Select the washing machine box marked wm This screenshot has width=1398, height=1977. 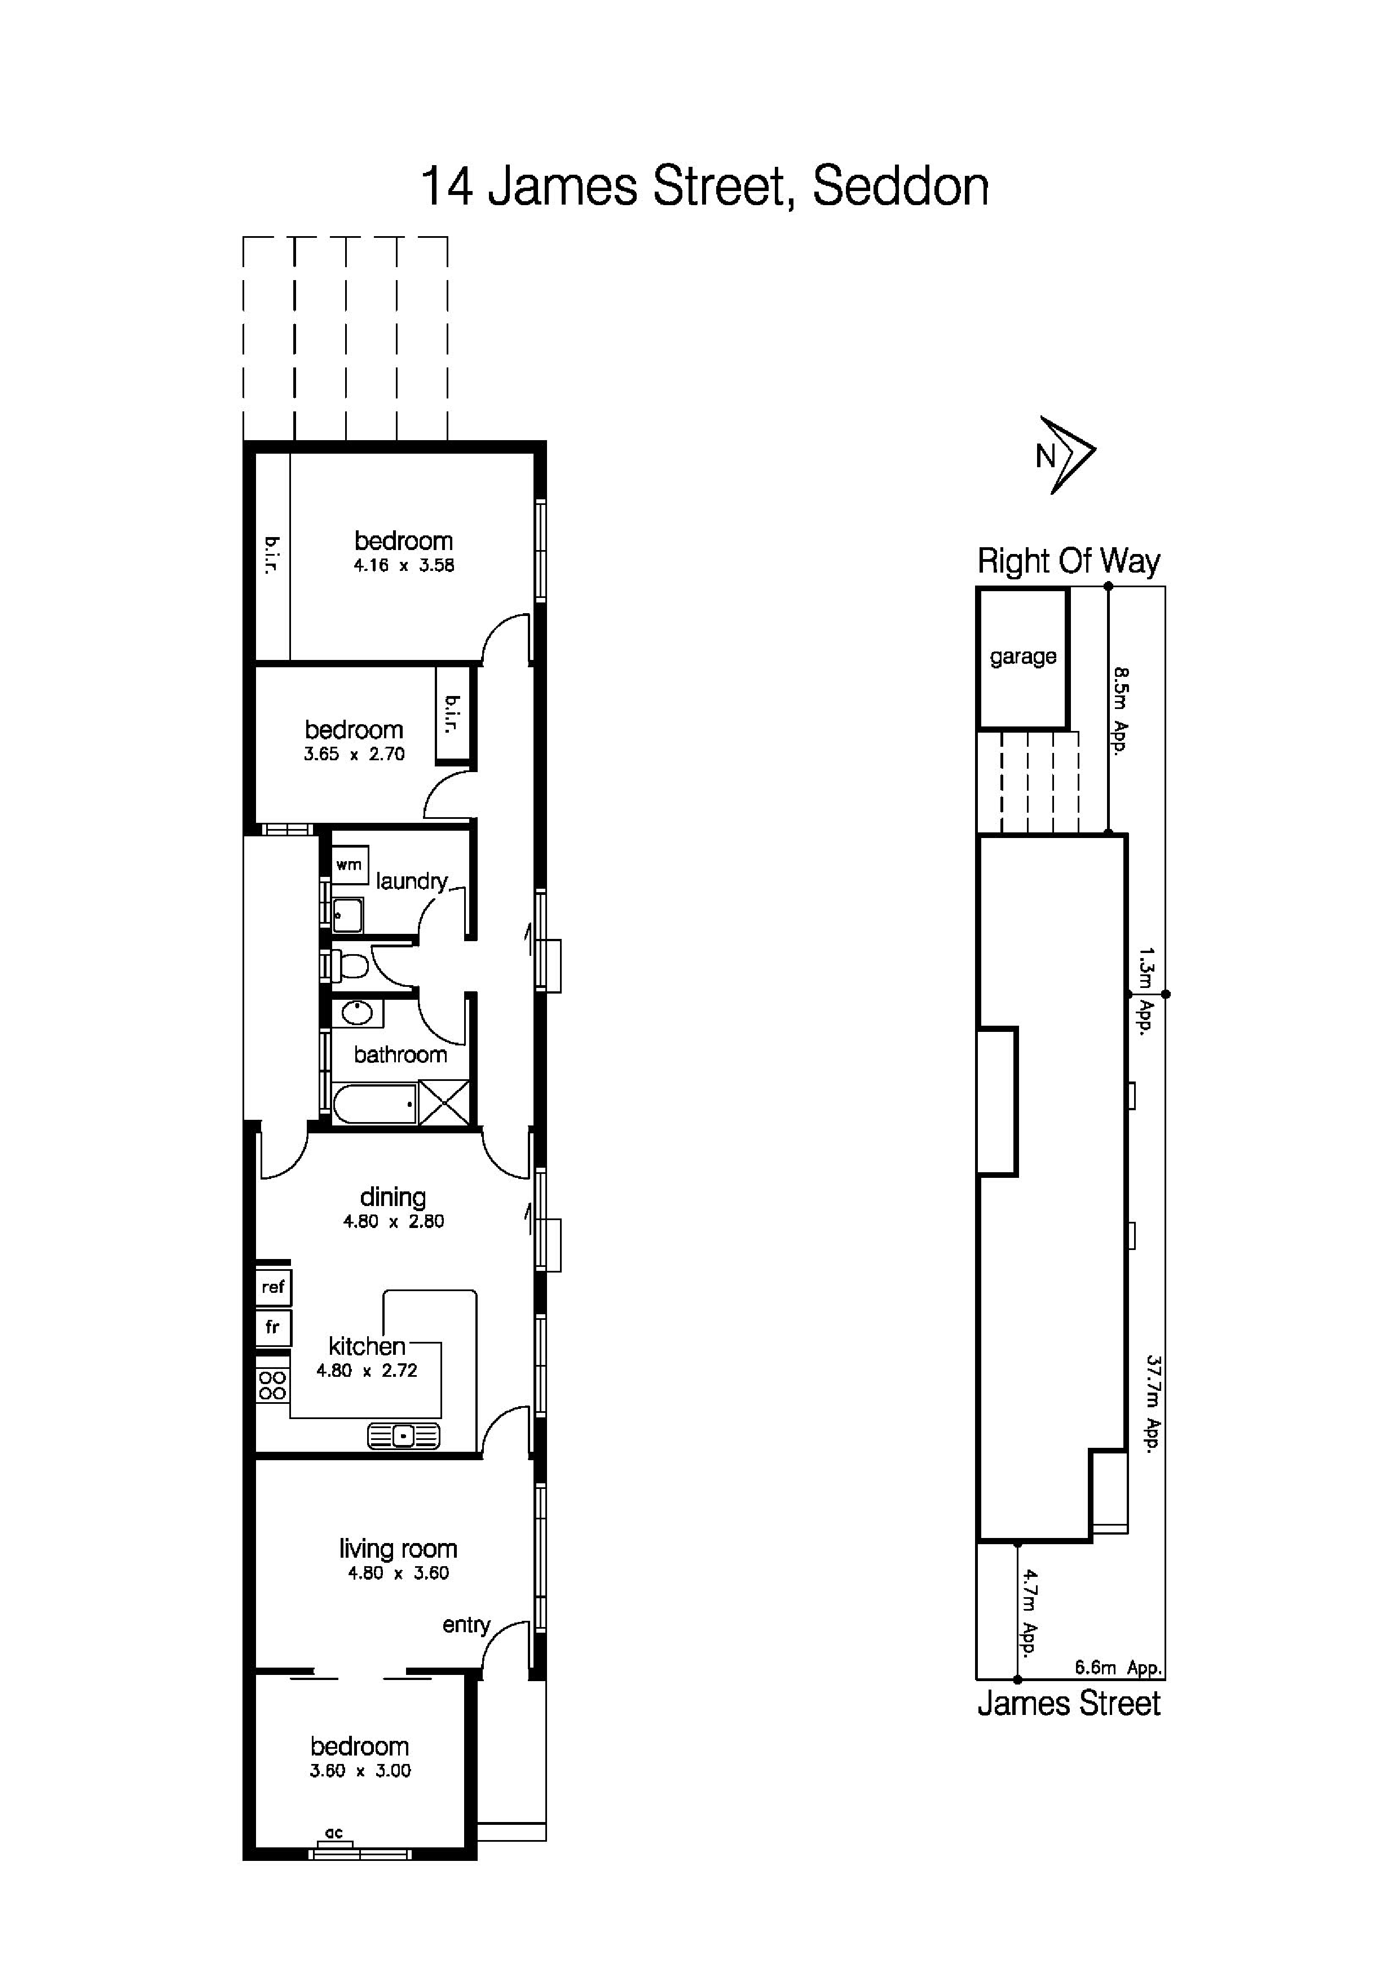(x=349, y=865)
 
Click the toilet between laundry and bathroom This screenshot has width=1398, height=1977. (x=350, y=965)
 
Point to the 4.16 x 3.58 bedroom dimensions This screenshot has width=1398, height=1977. (x=403, y=566)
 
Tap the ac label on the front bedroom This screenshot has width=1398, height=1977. (x=334, y=1833)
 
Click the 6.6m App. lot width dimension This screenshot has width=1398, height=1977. (x=1118, y=1668)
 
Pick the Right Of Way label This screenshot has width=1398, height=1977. (x=1068, y=561)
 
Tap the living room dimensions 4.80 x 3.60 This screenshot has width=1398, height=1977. (x=398, y=1573)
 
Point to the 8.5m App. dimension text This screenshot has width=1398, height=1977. (x=1120, y=711)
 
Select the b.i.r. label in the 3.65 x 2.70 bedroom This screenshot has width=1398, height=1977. (x=451, y=714)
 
